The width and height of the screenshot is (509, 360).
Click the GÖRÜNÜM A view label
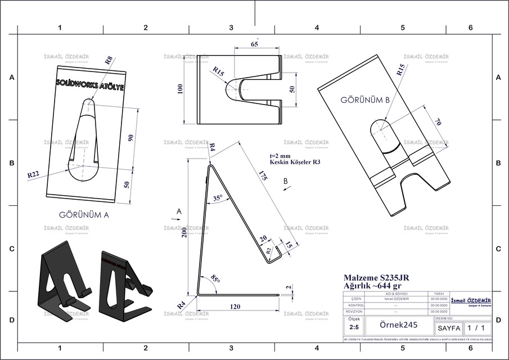(x=83, y=214)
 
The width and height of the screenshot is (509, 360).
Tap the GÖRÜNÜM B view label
(x=365, y=100)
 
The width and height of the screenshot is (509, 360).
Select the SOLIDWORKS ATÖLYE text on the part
(x=91, y=83)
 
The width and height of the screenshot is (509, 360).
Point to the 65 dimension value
(x=255, y=43)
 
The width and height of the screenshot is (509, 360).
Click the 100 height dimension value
(x=181, y=90)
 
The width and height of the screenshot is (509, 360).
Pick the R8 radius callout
(x=109, y=58)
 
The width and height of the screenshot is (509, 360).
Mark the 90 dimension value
(x=130, y=139)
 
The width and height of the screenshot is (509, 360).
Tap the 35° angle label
(x=218, y=197)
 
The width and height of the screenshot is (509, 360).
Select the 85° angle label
(x=215, y=278)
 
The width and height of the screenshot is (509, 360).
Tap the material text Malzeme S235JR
(x=376, y=277)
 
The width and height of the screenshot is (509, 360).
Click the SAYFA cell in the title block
(x=449, y=327)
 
